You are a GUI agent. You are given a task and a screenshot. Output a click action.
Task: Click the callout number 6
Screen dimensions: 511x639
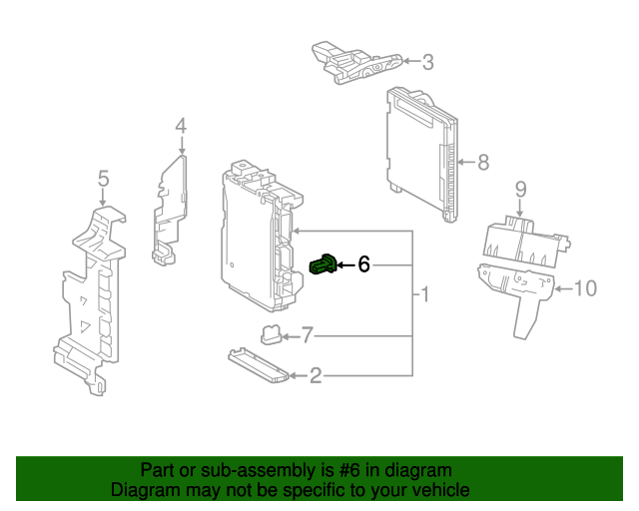click(364, 264)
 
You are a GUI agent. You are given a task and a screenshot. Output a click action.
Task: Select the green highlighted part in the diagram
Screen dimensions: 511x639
click(323, 264)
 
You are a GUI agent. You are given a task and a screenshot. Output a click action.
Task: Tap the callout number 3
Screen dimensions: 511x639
click(427, 63)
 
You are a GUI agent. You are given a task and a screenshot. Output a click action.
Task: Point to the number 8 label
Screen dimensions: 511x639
click(482, 162)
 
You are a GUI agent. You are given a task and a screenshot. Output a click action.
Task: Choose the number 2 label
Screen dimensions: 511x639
click(316, 376)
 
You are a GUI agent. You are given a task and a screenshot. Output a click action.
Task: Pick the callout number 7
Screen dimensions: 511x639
click(308, 334)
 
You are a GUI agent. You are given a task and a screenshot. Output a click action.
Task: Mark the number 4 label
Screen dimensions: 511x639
click(181, 126)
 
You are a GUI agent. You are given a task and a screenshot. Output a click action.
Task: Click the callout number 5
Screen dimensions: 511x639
click(103, 179)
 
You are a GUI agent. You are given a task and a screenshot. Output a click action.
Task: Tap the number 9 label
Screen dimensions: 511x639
click(520, 189)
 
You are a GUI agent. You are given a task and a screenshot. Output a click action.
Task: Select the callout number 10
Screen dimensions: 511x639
click(585, 289)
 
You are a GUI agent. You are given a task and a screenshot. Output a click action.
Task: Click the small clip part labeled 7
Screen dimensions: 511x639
click(271, 333)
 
